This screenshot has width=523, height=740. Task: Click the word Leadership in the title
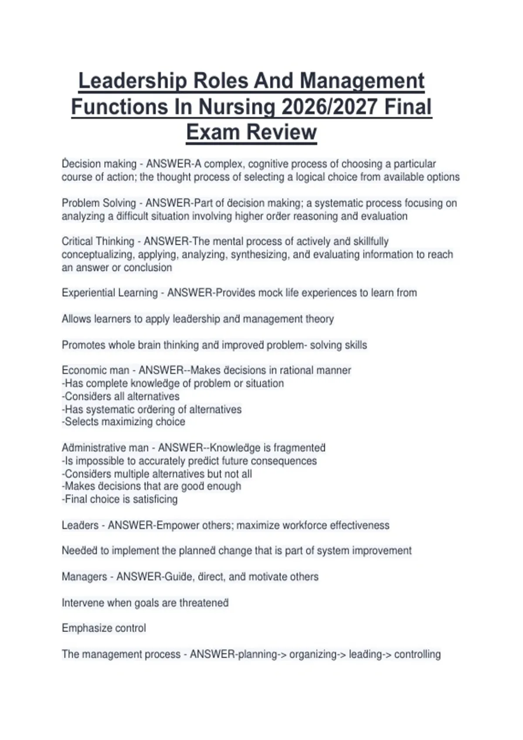coord(132,81)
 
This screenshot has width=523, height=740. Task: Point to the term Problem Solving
coord(99,203)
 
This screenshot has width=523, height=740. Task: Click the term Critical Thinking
coord(98,242)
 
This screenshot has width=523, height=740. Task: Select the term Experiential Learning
coord(110,293)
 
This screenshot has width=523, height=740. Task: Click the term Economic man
coord(95,370)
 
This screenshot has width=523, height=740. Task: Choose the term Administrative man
coord(105,448)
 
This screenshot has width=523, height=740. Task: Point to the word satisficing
coord(155,499)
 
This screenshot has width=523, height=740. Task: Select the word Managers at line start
coord(84,577)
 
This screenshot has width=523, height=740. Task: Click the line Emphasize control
coord(104,628)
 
